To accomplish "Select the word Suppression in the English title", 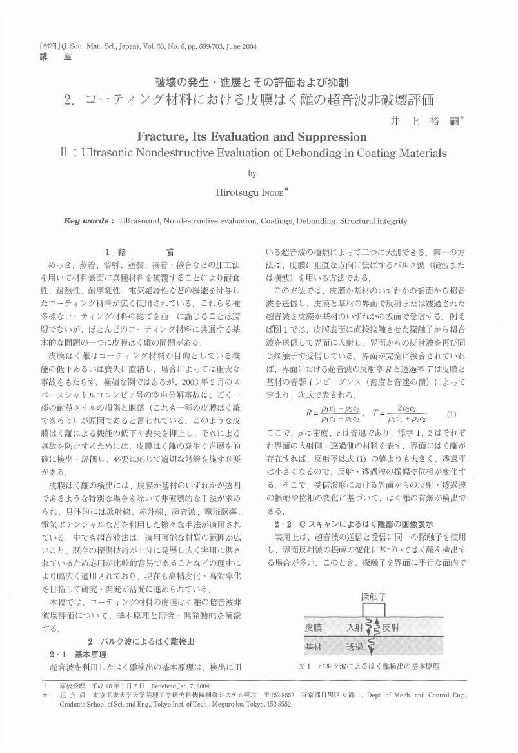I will pos(331,137).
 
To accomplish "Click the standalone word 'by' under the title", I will pos(252,173).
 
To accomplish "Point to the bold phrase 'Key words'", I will pos(89,221).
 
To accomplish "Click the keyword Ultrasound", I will pos(141,221).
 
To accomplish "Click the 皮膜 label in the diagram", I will pos(314,626).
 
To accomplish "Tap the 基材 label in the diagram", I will pos(314,646).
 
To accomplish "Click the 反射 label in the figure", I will pos(392,626).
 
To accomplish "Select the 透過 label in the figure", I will pos(355,646).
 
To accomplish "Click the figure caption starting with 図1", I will pos(368,666).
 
